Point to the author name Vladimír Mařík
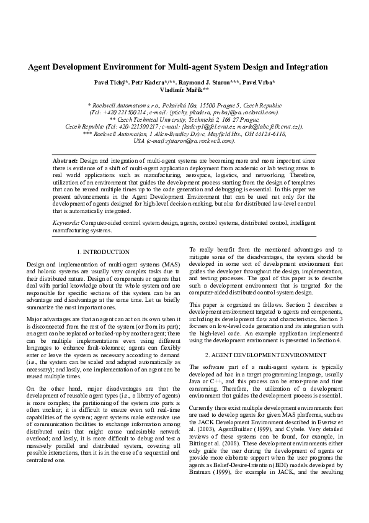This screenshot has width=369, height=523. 185,90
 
